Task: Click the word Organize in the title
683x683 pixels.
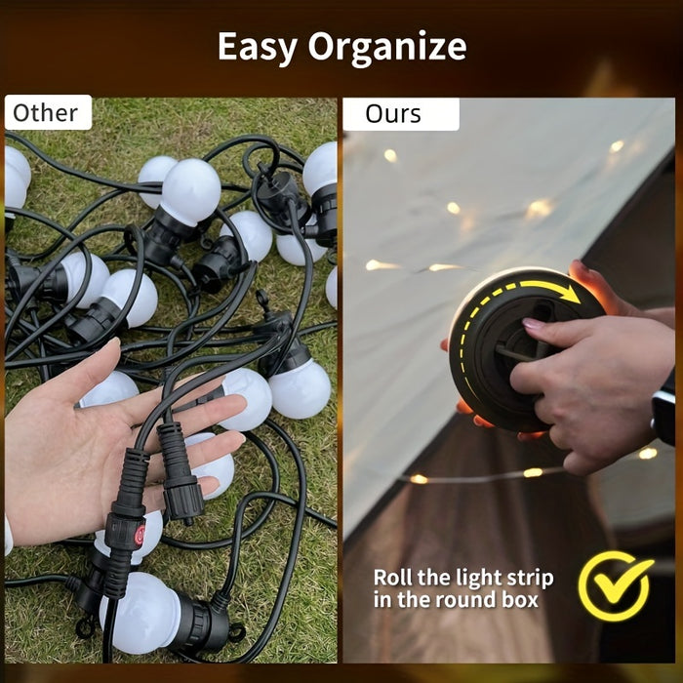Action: point(387,48)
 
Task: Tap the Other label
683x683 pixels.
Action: point(48,112)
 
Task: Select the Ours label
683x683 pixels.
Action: point(401,114)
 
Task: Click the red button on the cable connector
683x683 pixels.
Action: point(140,536)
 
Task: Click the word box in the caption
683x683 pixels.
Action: point(520,599)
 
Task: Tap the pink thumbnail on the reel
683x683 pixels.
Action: point(533,323)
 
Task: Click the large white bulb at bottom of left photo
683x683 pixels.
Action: point(140,614)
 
